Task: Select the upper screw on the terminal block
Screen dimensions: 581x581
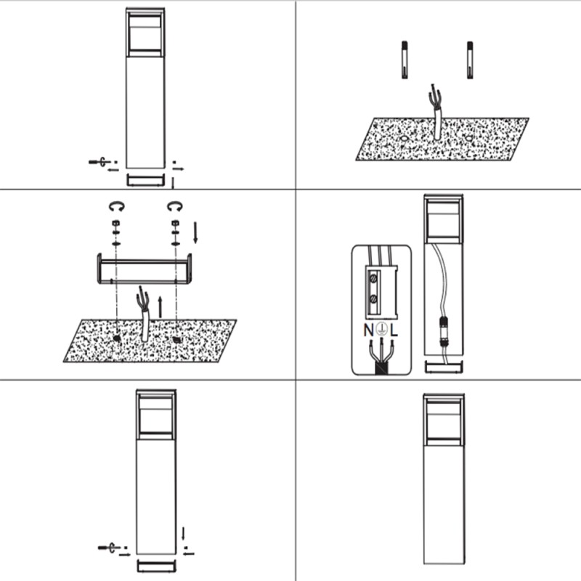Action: click(x=375, y=277)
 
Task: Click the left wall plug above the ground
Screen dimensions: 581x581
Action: click(x=404, y=60)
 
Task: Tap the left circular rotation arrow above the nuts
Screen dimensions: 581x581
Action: click(x=115, y=206)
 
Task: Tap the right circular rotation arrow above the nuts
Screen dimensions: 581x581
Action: click(x=174, y=206)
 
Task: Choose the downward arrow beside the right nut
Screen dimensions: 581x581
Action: click(x=195, y=232)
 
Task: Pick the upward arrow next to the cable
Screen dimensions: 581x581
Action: click(x=161, y=305)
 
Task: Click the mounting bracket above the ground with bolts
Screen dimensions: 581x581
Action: click(x=145, y=269)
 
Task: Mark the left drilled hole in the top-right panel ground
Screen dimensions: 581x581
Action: click(x=403, y=136)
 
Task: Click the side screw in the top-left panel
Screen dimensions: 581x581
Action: click(x=97, y=161)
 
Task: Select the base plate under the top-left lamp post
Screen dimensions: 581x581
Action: click(x=145, y=179)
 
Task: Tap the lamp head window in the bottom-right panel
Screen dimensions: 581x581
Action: click(x=443, y=425)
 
